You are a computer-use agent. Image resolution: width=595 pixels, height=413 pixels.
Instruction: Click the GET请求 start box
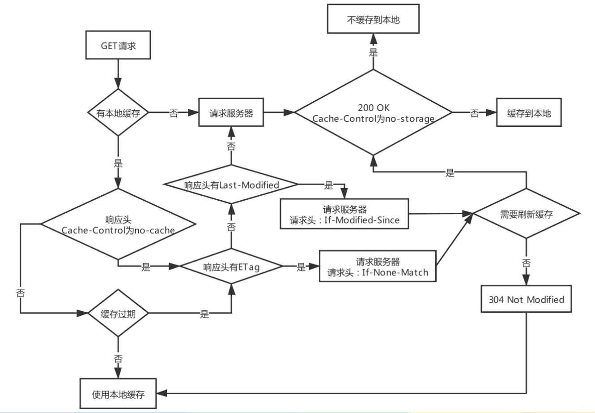click(x=118, y=46)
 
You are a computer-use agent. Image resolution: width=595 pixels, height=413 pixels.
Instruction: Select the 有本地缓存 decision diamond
click(x=118, y=113)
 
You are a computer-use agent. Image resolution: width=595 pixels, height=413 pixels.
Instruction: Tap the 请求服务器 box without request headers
click(x=231, y=113)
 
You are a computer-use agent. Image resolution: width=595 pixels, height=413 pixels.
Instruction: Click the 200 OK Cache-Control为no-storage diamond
click(x=373, y=113)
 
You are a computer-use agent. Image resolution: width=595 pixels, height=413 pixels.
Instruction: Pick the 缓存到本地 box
click(x=529, y=113)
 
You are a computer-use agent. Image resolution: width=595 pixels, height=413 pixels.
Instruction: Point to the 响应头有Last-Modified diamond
click(x=231, y=185)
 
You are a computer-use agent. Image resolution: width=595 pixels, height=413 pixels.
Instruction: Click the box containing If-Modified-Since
click(x=344, y=215)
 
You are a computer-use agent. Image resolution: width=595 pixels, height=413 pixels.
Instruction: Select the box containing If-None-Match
click(x=378, y=267)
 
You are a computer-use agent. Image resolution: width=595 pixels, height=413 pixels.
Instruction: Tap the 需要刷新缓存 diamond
click(x=526, y=215)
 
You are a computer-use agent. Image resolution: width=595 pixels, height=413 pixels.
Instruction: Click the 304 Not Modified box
click(x=526, y=299)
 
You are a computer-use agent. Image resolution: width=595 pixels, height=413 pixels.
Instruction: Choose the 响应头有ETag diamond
click(x=231, y=267)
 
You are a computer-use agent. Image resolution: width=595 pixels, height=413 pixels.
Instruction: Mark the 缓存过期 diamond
click(x=118, y=314)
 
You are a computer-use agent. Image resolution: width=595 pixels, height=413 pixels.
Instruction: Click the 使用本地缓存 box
click(x=118, y=394)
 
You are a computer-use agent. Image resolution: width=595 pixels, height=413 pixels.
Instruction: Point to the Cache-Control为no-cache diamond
click(x=118, y=224)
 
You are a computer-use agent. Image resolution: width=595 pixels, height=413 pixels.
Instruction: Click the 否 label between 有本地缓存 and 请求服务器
click(x=174, y=113)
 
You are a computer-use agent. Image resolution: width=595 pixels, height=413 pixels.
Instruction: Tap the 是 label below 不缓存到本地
click(x=373, y=52)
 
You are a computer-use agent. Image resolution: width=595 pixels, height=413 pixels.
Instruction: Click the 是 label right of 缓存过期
click(x=204, y=314)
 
